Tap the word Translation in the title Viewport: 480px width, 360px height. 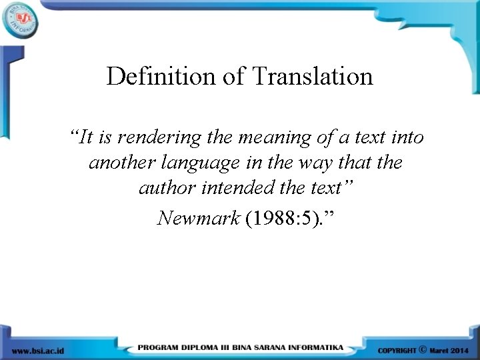click(x=313, y=77)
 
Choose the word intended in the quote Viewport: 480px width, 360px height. click(x=229, y=188)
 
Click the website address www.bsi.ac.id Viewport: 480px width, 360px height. click(x=38, y=350)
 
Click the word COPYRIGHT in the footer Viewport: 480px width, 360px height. click(x=397, y=350)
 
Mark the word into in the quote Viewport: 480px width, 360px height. click(x=407, y=138)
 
